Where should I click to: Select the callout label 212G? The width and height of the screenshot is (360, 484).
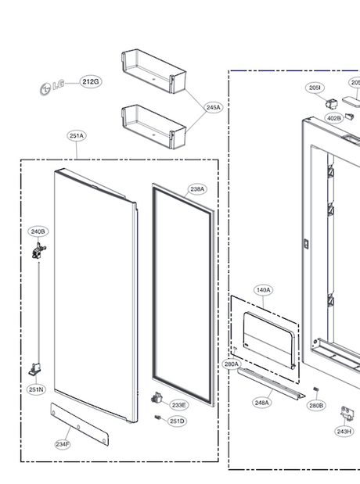pyautogui.click(x=90, y=81)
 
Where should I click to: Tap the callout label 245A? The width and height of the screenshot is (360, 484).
pyautogui.click(x=214, y=107)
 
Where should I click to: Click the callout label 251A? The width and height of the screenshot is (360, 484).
pyautogui.click(x=77, y=136)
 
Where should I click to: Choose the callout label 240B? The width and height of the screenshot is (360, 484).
pyautogui.click(x=38, y=231)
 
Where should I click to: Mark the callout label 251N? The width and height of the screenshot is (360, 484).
pyautogui.click(x=37, y=389)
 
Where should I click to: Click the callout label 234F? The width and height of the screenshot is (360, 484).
pyautogui.click(x=63, y=444)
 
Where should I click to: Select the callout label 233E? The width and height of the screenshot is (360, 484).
pyautogui.click(x=179, y=405)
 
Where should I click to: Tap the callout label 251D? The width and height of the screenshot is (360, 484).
pyautogui.click(x=178, y=421)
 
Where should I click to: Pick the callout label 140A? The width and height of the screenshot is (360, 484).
pyautogui.click(x=263, y=290)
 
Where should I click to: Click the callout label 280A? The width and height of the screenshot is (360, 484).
pyautogui.click(x=231, y=364)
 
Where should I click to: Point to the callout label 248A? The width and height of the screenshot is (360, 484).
pyautogui.click(x=261, y=403)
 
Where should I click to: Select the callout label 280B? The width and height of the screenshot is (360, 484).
pyautogui.click(x=315, y=406)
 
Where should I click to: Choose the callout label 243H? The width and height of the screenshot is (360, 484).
pyautogui.click(x=344, y=431)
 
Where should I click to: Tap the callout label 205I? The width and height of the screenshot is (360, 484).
pyautogui.click(x=315, y=88)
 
